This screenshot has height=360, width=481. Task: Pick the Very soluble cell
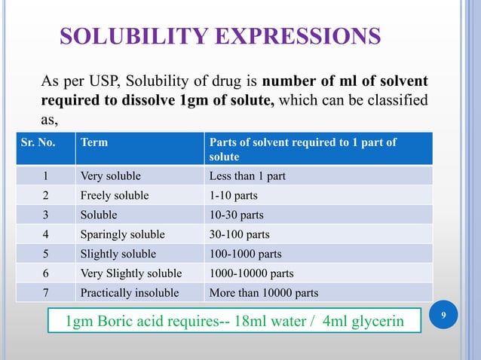111,176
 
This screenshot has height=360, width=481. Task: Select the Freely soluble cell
115,196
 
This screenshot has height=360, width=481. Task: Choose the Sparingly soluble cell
122,234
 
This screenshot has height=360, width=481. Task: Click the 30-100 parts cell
239,234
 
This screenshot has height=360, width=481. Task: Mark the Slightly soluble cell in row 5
118,254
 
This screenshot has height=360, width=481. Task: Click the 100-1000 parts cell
243,254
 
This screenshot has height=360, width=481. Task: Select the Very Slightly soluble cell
132,273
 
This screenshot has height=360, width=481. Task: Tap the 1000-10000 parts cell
250,273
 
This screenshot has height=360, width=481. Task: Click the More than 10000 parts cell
264,293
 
